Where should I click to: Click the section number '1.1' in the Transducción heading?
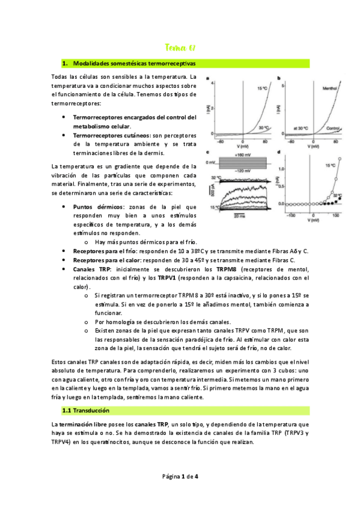click(68, 410)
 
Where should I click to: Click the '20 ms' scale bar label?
click(239, 215)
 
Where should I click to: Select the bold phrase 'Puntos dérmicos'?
click(99, 206)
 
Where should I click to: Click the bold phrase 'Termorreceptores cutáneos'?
click(111, 136)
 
